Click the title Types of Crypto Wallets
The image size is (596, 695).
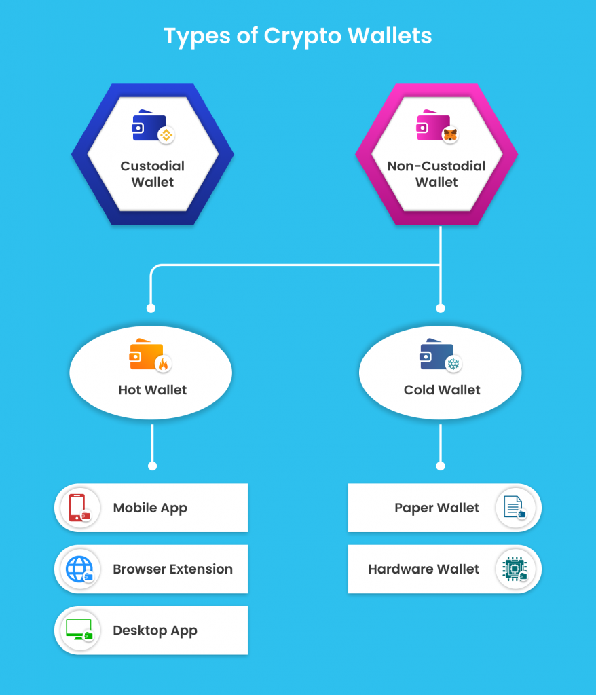coord(297,35)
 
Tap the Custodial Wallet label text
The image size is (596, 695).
coord(153,174)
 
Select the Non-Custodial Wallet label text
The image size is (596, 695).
coord(436,174)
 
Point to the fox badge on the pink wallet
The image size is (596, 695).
coord(450,134)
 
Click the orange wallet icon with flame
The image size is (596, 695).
coord(147,354)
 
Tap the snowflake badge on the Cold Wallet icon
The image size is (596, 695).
coord(453,364)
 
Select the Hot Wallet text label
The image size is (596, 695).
coord(153,390)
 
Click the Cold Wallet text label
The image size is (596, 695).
coord(442,390)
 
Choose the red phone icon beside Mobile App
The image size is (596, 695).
coord(77,508)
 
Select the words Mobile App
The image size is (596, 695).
coord(150,508)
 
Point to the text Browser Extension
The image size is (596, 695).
coord(172,569)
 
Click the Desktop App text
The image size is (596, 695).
coord(155,631)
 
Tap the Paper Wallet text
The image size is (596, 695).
coord(437,508)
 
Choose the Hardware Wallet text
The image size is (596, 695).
coord(424,569)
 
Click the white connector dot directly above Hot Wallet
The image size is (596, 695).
coord(152,308)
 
